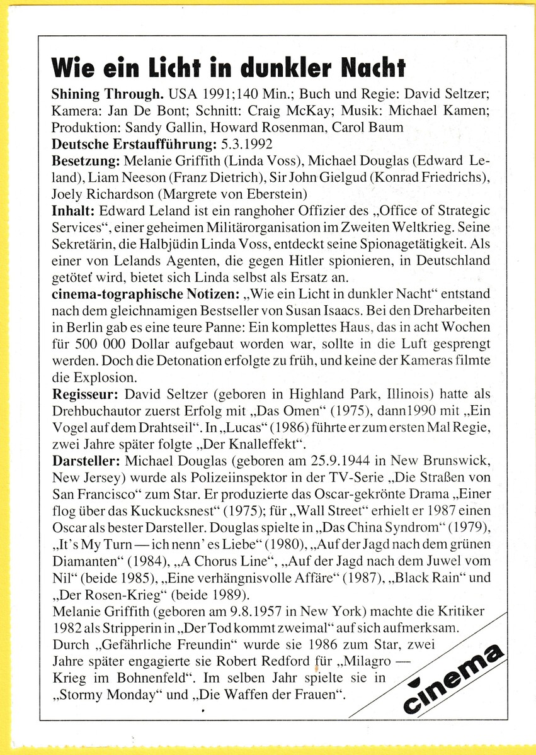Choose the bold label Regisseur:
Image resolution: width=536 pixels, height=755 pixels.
86,394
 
